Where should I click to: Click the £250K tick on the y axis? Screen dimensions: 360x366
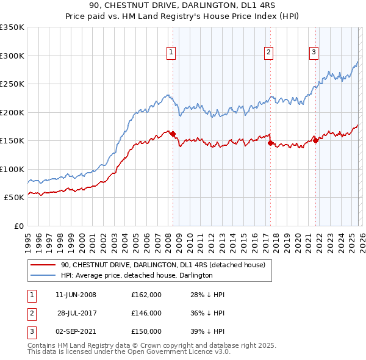click(x=12, y=84)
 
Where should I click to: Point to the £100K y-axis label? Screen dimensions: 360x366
click(x=12, y=169)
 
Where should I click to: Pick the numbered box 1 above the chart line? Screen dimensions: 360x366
click(x=171, y=53)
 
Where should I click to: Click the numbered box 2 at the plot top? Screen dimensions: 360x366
click(x=268, y=53)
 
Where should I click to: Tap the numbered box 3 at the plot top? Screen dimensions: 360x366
click(x=314, y=53)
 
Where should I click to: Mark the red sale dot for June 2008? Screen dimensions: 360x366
click(x=173, y=134)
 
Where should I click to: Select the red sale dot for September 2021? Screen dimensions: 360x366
click(x=315, y=141)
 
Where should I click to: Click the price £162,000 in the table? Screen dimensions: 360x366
click(x=146, y=295)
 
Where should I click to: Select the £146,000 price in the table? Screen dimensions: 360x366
click(x=146, y=313)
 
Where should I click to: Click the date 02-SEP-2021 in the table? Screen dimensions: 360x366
click(x=76, y=331)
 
